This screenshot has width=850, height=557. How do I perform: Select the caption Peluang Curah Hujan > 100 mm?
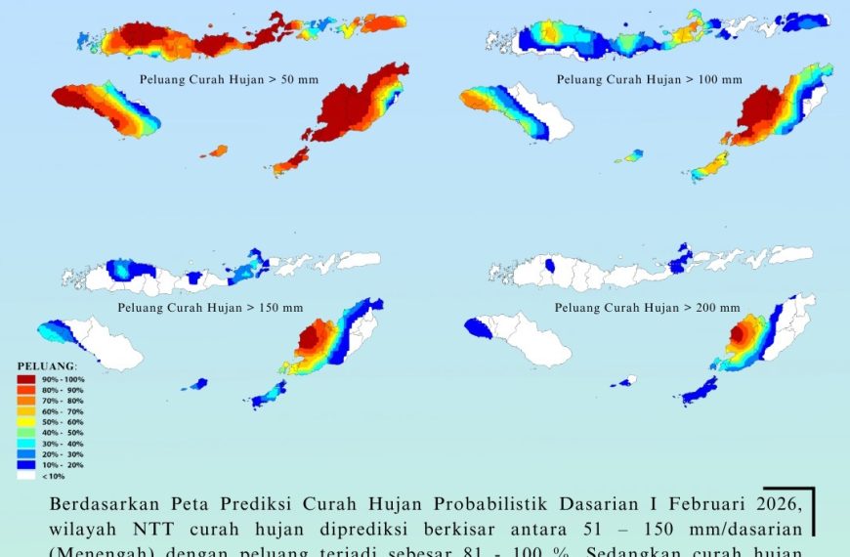coord(650,79)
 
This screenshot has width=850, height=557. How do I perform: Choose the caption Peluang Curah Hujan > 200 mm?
coord(648,307)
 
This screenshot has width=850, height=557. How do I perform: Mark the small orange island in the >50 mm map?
coord(216,151)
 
